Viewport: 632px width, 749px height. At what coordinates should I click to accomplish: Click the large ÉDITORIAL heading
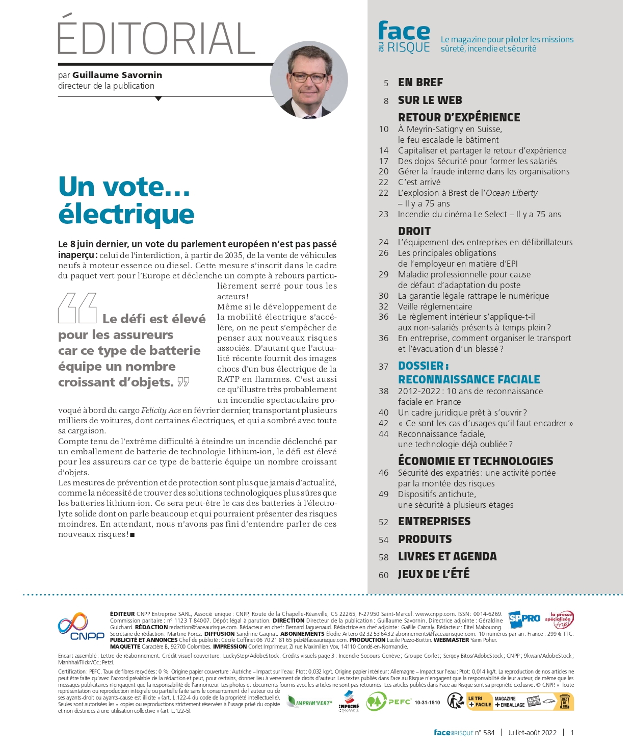click(x=156, y=38)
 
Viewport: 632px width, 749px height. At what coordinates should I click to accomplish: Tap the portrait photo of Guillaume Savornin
click(x=309, y=81)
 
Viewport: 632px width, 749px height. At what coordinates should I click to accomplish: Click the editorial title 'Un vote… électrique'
click(x=126, y=200)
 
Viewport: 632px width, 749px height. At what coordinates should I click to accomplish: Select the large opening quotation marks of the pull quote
click(x=77, y=308)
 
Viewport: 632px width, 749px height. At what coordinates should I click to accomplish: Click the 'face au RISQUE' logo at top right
click(x=404, y=37)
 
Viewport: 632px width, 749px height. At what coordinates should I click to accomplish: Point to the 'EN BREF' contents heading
click(x=420, y=83)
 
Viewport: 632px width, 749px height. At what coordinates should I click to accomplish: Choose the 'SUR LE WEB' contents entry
click(x=430, y=100)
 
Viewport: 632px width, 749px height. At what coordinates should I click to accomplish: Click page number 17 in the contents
click(x=383, y=161)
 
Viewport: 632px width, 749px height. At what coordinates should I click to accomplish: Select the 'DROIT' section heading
click(x=414, y=231)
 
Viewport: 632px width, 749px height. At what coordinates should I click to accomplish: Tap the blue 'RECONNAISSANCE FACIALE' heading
click(x=468, y=379)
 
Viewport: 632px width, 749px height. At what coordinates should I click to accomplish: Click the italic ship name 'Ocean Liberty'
click(x=511, y=193)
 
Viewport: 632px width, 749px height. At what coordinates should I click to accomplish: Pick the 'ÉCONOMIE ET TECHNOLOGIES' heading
click(x=475, y=461)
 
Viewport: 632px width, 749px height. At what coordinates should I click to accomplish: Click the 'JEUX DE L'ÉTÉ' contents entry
click(x=434, y=574)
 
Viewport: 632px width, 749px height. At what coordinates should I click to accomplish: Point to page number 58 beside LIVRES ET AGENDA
click(x=383, y=557)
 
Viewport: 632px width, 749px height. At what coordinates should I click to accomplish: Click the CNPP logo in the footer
click(x=81, y=627)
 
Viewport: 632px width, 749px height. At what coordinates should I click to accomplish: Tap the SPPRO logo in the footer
click(x=524, y=618)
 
